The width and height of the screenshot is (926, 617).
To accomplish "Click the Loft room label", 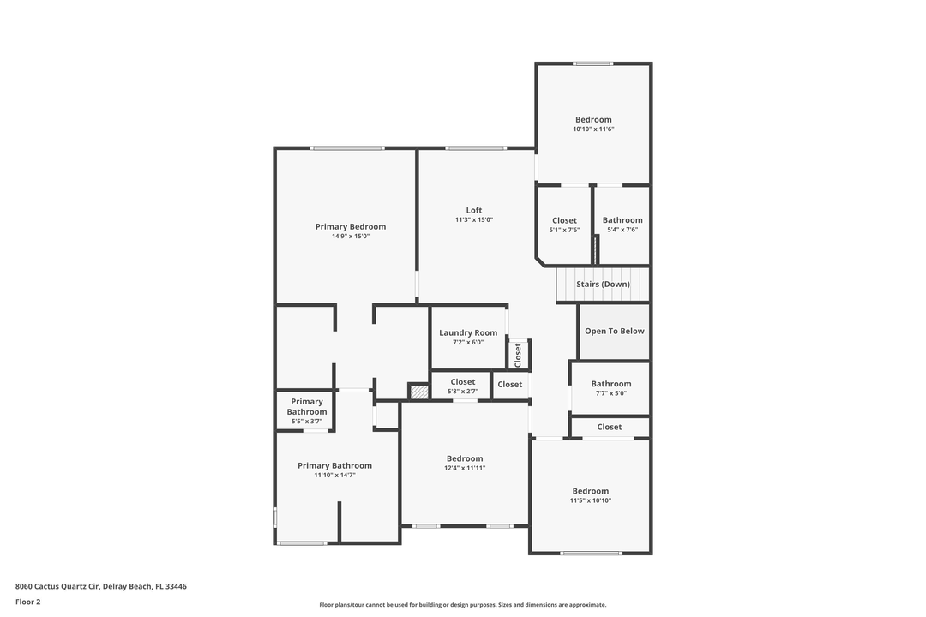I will pyautogui.click(x=474, y=210).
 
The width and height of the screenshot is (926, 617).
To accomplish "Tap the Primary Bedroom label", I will pyautogui.click(x=351, y=226).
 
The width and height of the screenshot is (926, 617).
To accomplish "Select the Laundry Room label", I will pyautogui.click(x=468, y=332).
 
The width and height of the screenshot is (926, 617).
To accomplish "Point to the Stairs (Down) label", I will pyautogui.click(x=603, y=284).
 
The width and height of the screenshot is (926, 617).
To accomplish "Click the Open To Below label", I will pyautogui.click(x=614, y=331).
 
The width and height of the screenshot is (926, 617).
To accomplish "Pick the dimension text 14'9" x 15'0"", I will pyautogui.click(x=351, y=236).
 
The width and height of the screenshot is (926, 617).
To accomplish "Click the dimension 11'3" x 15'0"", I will pyautogui.click(x=474, y=219).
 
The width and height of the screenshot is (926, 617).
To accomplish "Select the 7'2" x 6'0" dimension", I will pyautogui.click(x=468, y=342).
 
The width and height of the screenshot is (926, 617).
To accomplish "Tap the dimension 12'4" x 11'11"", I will pyautogui.click(x=465, y=468).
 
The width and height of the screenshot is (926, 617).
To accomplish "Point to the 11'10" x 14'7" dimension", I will pyautogui.click(x=334, y=475).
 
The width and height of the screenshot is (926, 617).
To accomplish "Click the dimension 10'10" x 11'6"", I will pyautogui.click(x=593, y=129).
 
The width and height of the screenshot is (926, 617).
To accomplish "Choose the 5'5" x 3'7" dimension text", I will pyautogui.click(x=307, y=421).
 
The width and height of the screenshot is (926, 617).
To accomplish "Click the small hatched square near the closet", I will pyautogui.click(x=418, y=392).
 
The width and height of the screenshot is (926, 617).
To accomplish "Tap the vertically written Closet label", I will pyautogui.click(x=518, y=354).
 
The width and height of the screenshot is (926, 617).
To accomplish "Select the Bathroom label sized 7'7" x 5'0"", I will pyautogui.click(x=610, y=384).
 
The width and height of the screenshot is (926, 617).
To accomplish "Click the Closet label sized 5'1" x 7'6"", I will pyautogui.click(x=564, y=220).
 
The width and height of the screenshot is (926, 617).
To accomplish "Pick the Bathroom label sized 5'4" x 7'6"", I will pyautogui.click(x=622, y=220).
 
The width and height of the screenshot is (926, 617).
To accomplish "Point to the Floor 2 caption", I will pyautogui.click(x=28, y=602).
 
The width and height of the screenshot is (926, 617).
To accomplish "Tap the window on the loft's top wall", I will pyautogui.click(x=476, y=148).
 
